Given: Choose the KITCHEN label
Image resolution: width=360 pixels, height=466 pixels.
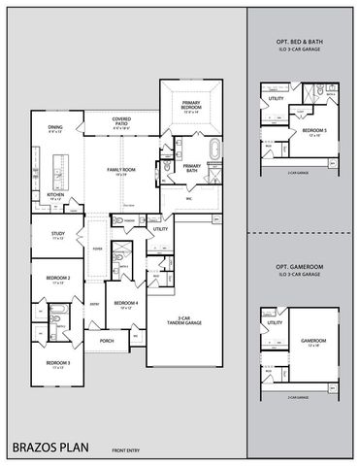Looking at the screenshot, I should [55, 196].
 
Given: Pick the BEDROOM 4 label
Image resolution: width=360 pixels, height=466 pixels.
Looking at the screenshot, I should [124, 304].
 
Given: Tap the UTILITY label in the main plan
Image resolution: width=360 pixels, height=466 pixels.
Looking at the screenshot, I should [160, 228].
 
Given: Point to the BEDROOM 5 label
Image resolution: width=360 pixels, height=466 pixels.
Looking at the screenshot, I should [311, 129].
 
